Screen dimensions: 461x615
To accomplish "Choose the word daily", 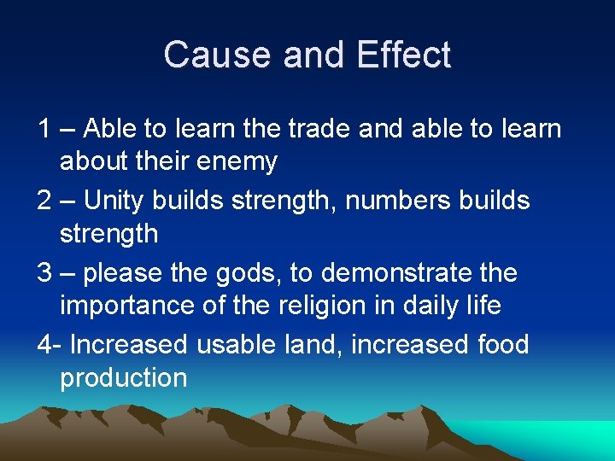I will (436, 306).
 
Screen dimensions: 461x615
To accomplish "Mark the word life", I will (483, 306).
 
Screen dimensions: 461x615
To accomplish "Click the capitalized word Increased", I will (128, 345).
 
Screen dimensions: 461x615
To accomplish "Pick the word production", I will (123, 378).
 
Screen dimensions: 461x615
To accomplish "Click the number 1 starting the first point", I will (44, 129).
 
